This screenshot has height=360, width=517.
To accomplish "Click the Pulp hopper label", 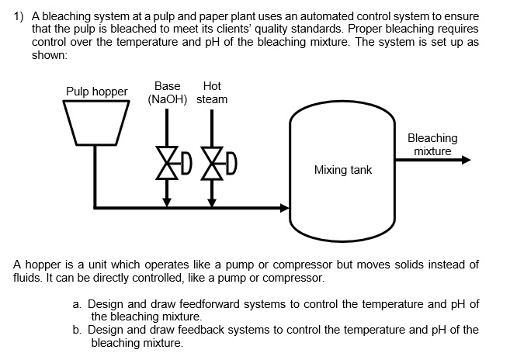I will coord(96,92).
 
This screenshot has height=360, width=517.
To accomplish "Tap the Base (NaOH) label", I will coord(167,92).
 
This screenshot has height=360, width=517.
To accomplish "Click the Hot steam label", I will coord(211,92).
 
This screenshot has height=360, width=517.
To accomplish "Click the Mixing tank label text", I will coord(342,169).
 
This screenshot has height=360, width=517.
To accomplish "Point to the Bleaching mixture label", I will coord(432,144).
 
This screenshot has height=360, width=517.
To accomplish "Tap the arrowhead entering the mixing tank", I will coord(283,207).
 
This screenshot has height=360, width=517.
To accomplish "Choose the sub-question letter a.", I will coord(78,304).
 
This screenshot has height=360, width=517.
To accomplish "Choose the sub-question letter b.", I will coord(78,330).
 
